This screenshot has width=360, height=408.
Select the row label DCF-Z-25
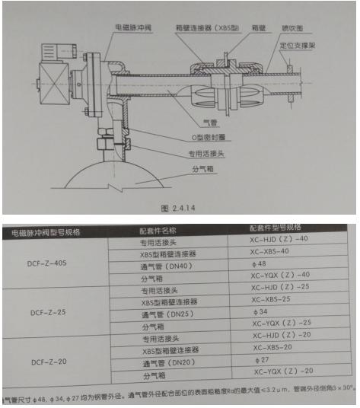pyautogui.click(x=47, y=312)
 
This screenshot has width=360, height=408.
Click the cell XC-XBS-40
pyautogui.click(x=275, y=251)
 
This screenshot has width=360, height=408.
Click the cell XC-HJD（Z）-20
pyautogui.click(x=283, y=335)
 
